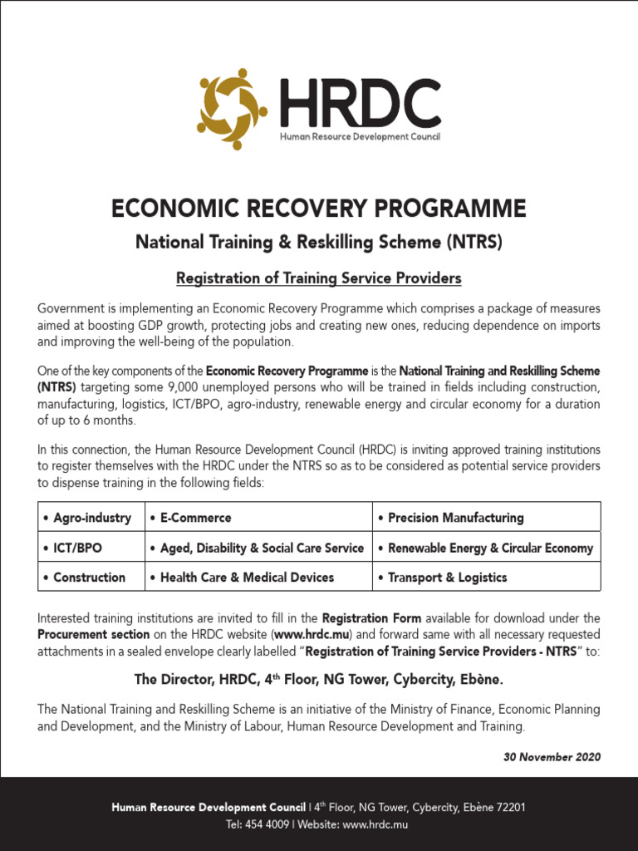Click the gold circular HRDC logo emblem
pos(232,109)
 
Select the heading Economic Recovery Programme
pos(319,208)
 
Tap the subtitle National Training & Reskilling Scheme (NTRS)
pos(319,243)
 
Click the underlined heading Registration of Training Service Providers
pos(319,277)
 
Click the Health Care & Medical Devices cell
pos(247,577)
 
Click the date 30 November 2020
pos(552,757)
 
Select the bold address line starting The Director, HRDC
pos(319,680)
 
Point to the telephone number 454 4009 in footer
pos(267,824)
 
